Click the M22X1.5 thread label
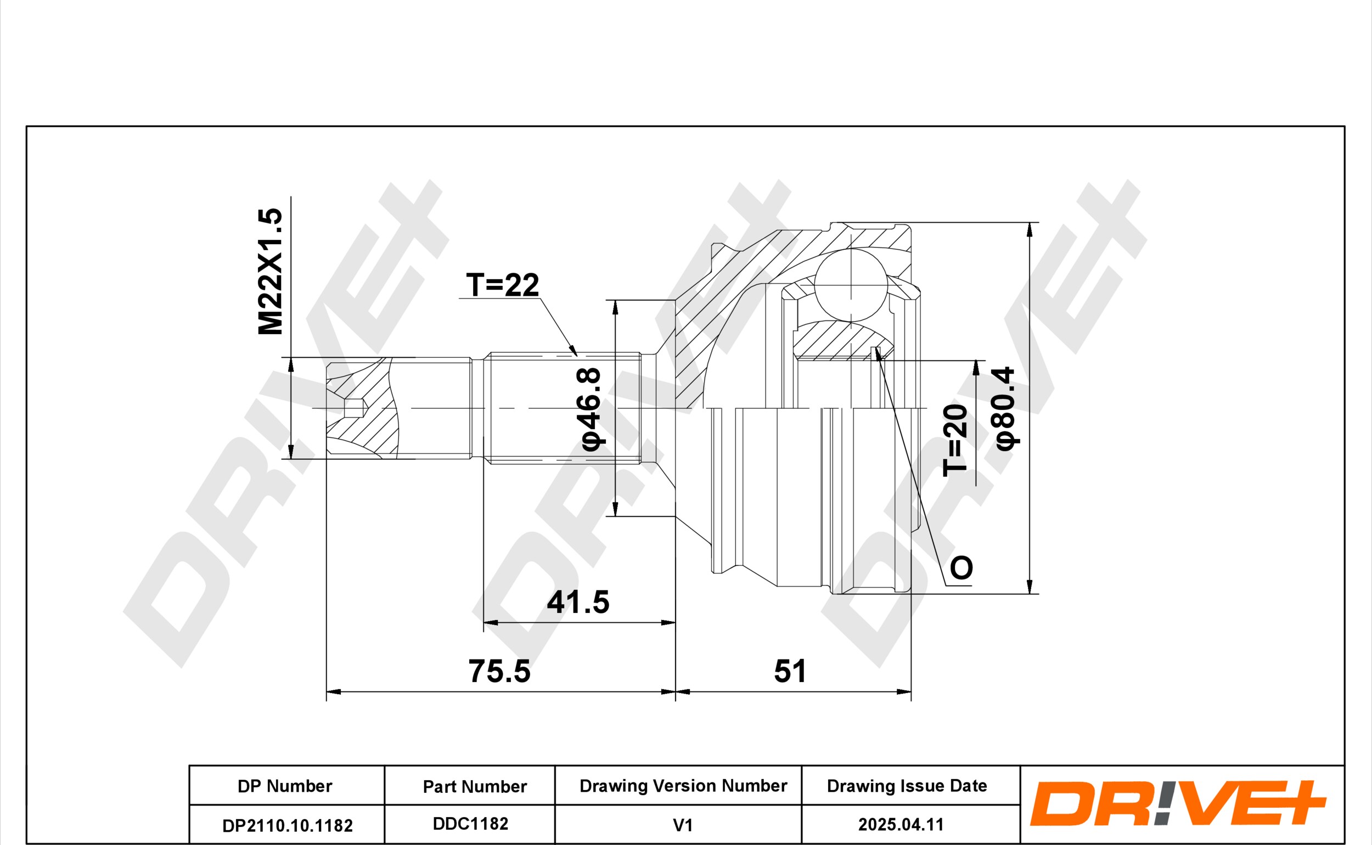[271, 272]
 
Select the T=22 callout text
[502, 285]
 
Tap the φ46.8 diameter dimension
[591, 409]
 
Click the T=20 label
[955, 441]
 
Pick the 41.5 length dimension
[578, 602]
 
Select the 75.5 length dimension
[499, 671]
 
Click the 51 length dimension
[790, 671]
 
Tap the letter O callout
[962, 568]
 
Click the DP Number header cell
[285, 786]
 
